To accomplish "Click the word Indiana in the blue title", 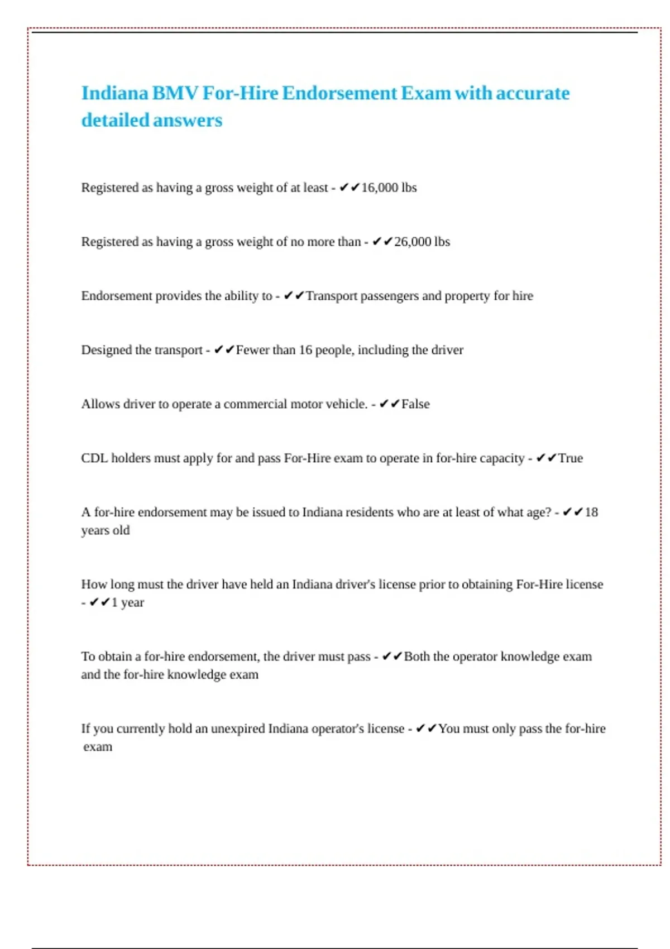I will coord(115,93).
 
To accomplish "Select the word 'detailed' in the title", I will coord(115,121).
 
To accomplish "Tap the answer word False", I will coord(415,404).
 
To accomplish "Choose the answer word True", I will coord(571,458).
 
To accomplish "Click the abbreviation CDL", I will coord(94,458).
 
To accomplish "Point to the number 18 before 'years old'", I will coord(591,512).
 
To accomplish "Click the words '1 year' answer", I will coord(128,602).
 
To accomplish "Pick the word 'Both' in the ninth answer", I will coord(417,656).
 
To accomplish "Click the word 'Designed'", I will coord(106,350).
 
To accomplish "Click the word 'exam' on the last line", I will coord(98,747).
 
